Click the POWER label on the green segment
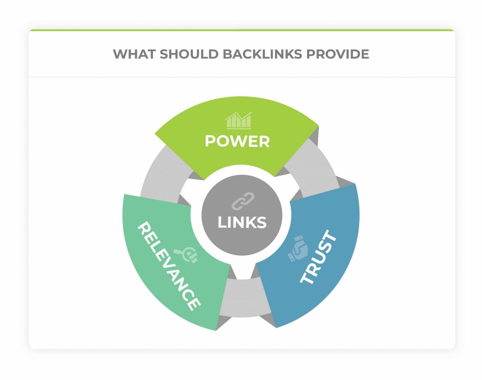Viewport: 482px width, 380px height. [237, 141]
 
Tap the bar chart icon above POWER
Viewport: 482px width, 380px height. [239, 120]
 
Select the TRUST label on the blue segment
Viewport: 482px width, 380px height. [319, 257]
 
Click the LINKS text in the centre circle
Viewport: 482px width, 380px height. [242, 222]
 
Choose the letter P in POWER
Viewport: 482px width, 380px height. [210, 141]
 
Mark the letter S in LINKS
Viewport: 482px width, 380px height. [261, 222]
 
